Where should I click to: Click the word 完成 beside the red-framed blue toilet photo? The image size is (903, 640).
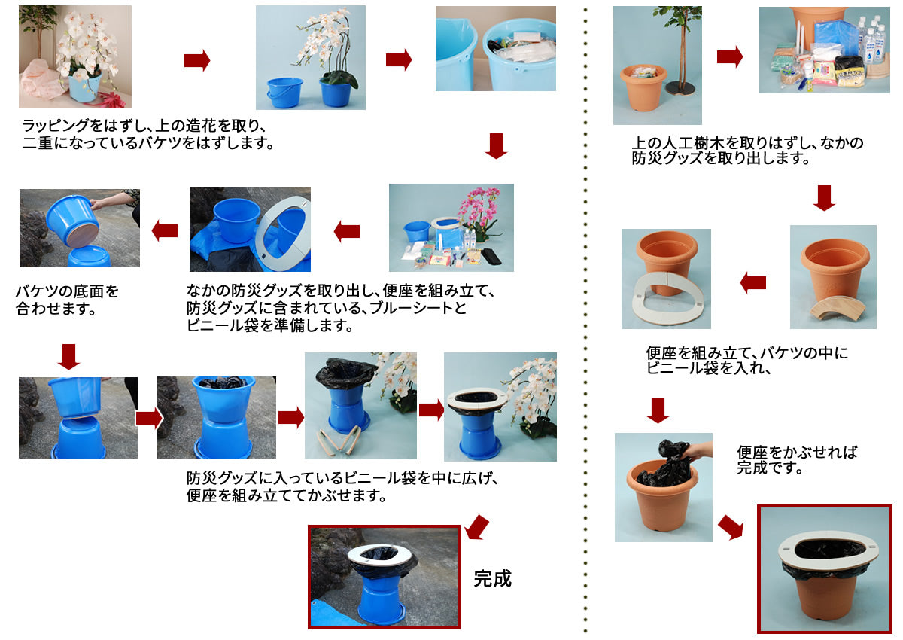pos(492,578)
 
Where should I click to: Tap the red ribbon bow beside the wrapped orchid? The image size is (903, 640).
pos(111,99)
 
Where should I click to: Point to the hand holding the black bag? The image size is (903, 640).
pos(698,451)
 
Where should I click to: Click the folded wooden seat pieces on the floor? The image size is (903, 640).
pos(338,440)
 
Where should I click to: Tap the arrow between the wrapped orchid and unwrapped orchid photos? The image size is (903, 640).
pos(197,60)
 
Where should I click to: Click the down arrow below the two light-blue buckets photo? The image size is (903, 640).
pos(496,145)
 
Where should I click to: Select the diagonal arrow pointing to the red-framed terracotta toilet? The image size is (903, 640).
pos(731,527)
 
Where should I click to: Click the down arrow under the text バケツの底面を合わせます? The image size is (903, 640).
pos(69,356)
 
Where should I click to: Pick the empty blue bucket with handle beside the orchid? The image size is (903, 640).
pos(284,93)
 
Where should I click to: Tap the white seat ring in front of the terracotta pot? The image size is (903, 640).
pos(667,298)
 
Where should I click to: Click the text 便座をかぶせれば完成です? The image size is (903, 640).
pos(797,459)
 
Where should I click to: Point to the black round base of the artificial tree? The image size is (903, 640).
pos(682,88)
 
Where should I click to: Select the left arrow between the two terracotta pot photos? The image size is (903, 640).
pos(753,282)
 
